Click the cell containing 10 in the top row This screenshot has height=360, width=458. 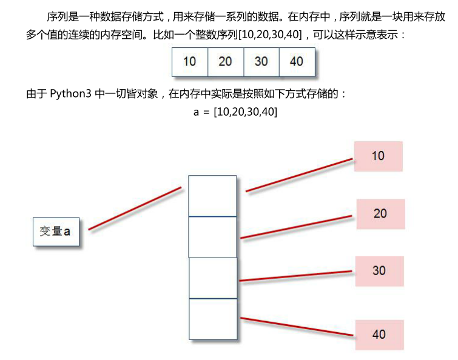coord(189,61)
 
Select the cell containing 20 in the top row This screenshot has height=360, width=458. coord(225,61)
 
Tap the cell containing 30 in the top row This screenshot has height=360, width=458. coord(261,61)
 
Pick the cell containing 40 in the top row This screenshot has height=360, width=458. coord(297,61)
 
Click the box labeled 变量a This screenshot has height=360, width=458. coord(56,231)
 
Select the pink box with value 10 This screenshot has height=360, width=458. coord(378,156)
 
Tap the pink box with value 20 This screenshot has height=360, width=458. coord(380,213)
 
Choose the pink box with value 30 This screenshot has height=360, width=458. coord(379,270)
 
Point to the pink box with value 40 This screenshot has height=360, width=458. coord(379,334)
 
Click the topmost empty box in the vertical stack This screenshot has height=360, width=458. coord(212,196)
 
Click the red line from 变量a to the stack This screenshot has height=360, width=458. coord(135,208)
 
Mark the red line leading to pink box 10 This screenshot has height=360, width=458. coord(299,176)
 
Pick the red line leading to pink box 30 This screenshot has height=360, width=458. coord(297,276)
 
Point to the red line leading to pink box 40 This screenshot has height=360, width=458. coord(297,326)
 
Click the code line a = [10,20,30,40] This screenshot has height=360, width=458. coord(235,112)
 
